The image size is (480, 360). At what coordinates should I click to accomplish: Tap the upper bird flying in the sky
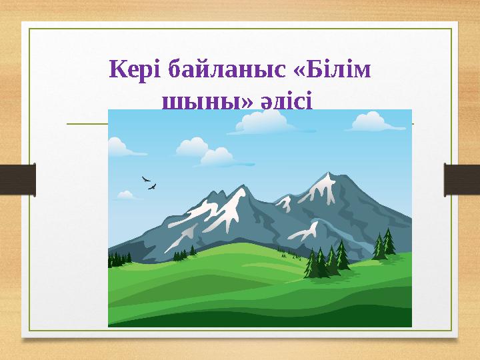pyautogui.click(x=145, y=179)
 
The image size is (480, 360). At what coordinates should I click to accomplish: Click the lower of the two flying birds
pyautogui.click(x=153, y=187)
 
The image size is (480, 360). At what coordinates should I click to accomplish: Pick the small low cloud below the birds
pyautogui.click(x=125, y=195)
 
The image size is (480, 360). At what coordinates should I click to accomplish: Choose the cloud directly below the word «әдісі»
pyautogui.click(x=260, y=123)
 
